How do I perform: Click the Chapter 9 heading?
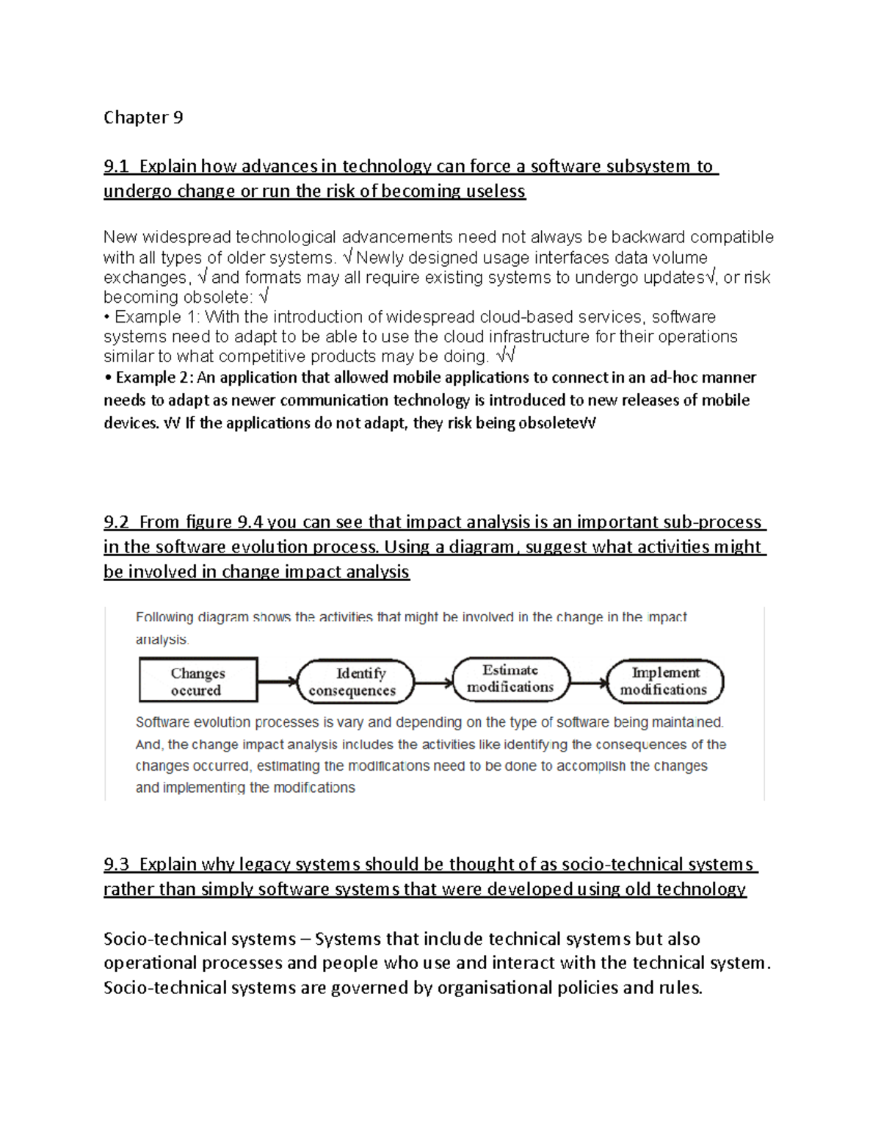point(143,118)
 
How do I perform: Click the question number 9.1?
point(116,167)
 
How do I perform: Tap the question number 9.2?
point(116,522)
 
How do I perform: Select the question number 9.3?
point(116,865)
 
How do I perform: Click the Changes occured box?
point(198,681)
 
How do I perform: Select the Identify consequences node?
point(355,682)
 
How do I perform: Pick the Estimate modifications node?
point(511,679)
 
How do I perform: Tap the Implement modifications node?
point(665,681)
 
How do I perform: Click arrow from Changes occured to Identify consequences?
point(278,682)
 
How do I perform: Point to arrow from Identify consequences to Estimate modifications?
point(434,683)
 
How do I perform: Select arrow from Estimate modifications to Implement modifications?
point(589,683)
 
